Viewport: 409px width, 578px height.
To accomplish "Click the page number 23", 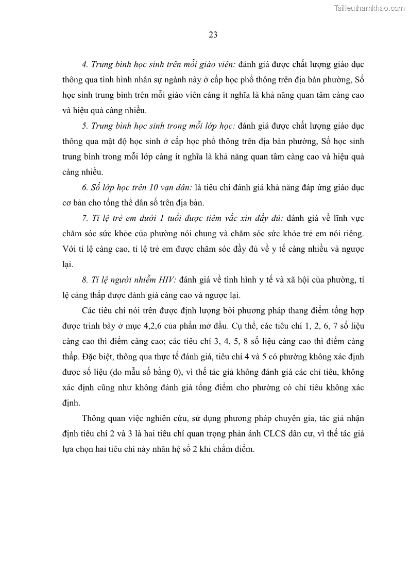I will [213, 35].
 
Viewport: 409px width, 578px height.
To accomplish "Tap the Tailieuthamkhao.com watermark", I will [369, 8].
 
